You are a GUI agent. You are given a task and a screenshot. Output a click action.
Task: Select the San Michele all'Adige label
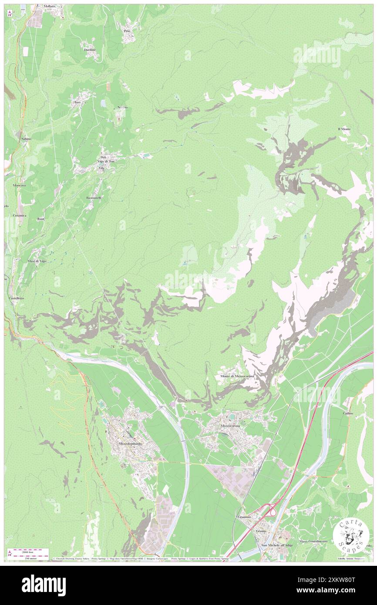pos(277,545)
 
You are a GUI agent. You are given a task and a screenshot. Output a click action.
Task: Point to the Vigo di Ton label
pos(106,161)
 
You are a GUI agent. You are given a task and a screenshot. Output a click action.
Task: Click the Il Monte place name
pos(344,129)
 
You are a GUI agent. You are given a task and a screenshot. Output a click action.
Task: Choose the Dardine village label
pos(90,50)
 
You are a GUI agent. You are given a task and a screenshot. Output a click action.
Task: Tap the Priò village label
pos(127,31)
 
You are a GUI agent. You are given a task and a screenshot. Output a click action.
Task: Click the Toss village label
pos(77,102)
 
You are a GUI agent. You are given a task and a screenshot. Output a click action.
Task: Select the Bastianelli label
pos(94,198)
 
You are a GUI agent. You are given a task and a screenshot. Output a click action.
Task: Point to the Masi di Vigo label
pos(37,261)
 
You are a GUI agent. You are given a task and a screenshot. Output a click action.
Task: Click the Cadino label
pos(347,413)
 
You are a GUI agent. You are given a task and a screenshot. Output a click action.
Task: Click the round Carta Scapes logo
pos(351,535)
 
